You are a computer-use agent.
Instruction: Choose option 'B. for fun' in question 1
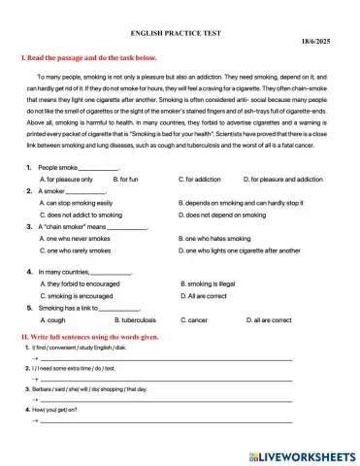126,180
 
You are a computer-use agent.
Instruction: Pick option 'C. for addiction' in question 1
200,180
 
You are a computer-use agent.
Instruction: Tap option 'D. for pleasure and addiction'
282,180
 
